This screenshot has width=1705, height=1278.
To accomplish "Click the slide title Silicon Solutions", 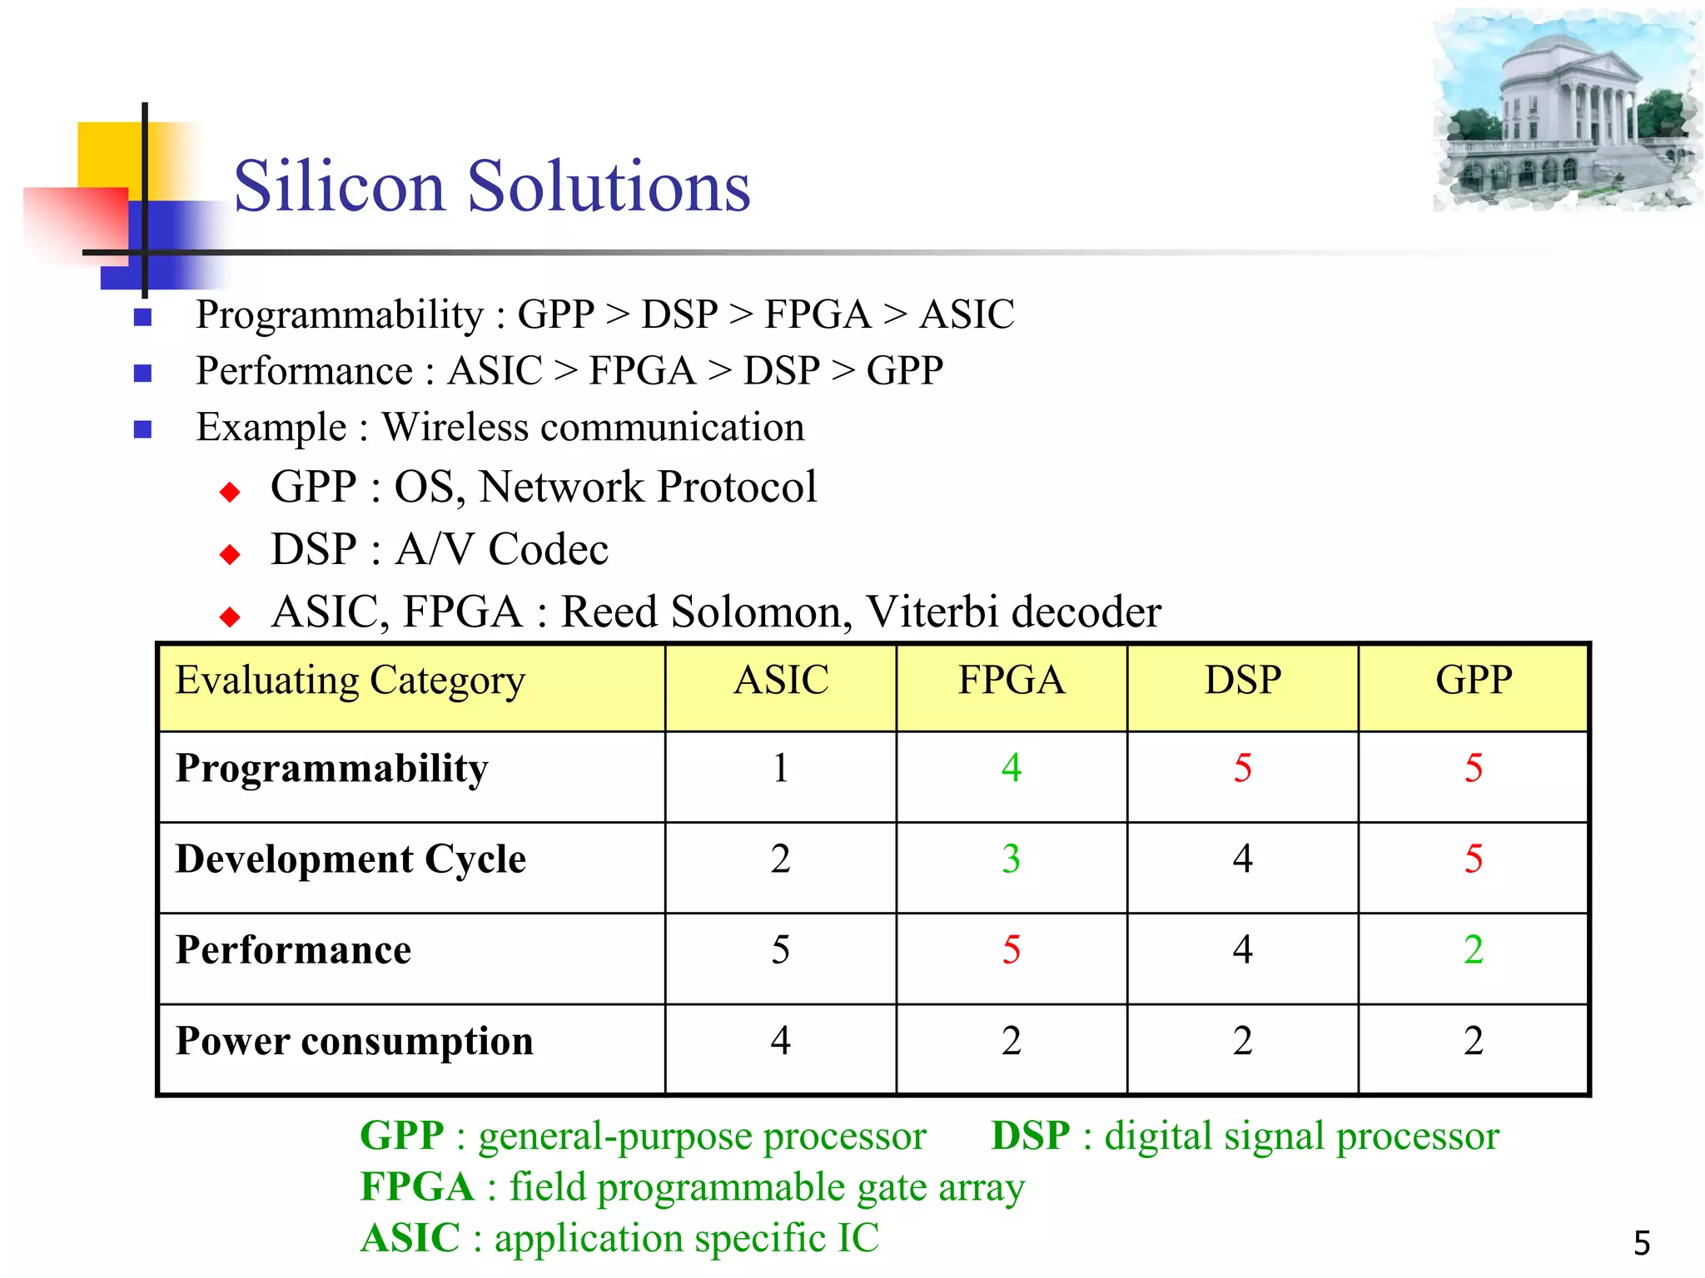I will (492, 186).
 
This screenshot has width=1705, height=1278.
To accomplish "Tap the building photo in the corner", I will (1567, 111).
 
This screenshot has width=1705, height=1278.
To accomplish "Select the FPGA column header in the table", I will (1011, 681).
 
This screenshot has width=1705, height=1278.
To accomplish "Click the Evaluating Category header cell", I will (350, 681).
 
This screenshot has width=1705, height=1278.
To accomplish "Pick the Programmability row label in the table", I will (331, 769).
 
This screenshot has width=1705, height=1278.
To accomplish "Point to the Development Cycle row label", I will (350, 859).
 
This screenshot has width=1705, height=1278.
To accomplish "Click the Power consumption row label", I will (355, 1042).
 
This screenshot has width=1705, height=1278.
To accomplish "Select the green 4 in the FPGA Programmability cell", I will (1011, 768).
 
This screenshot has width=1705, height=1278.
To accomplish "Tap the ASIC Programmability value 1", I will (780, 768).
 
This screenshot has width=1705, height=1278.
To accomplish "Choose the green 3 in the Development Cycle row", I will (1011, 859).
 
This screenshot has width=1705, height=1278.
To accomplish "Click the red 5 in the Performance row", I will (1011, 950).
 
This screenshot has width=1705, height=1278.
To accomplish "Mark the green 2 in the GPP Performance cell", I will (1473, 950).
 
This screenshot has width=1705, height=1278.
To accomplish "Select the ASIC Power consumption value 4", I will (780, 1041).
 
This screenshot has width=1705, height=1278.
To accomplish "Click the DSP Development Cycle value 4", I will (1242, 859).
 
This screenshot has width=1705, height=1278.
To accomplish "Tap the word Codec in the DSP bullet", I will (548, 550).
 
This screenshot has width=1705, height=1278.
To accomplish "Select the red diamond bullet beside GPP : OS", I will (230, 493).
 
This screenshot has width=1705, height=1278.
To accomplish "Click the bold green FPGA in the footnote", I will (416, 1187).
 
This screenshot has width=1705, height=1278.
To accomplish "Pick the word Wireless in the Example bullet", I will (455, 428).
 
